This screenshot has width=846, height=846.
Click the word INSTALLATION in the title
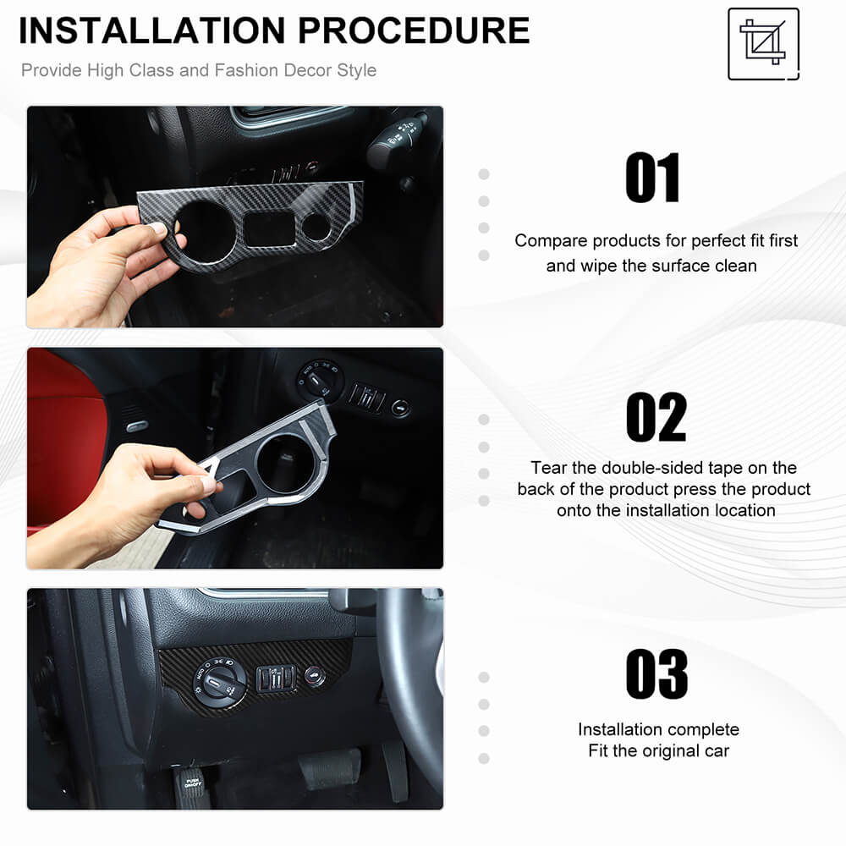coord(151,30)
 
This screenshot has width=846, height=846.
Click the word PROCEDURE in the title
coord(414,30)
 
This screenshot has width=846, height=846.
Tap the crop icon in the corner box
coord(762,42)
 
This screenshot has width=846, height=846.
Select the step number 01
coord(652,178)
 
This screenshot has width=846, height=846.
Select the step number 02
coord(656,417)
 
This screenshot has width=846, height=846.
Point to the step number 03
coord(656,674)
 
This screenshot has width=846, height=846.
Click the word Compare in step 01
coord(551,240)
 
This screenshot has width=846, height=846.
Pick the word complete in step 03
coord(701,730)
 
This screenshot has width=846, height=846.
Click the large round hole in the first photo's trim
coord(206,227)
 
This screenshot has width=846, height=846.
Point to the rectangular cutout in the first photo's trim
coord(271,228)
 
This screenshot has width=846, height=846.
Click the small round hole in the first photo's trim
coord(316,226)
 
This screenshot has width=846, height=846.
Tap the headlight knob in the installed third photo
coord(219,682)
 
